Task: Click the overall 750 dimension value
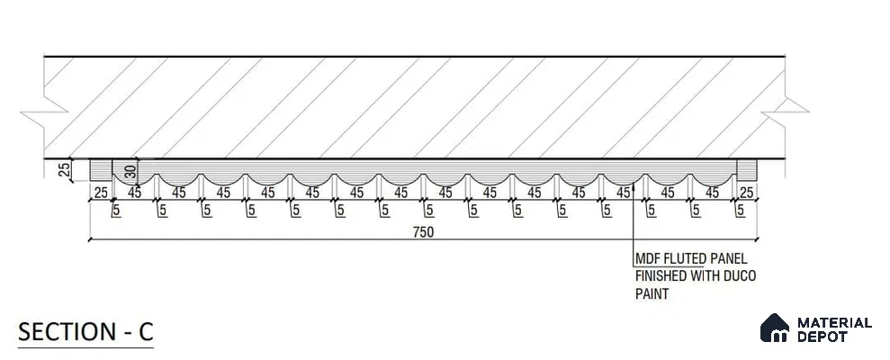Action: [x=424, y=231]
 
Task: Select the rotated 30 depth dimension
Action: [x=130, y=172]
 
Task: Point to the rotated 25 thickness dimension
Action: [x=64, y=170]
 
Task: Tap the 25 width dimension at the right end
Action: [x=746, y=193]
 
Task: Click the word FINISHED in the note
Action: [x=661, y=276]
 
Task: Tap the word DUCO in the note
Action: [x=740, y=276]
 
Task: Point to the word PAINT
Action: [x=652, y=294]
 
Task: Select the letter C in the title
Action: [x=146, y=332]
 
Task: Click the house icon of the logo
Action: [x=775, y=328]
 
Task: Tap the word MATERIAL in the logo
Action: [x=834, y=323]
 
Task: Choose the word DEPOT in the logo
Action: [x=823, y=337]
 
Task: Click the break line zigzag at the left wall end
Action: [x=44, y=112]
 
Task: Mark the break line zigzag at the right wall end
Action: [x=785, y=112]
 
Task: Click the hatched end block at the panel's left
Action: [x=101, y=170]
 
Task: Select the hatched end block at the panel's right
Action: [x=746, y=170]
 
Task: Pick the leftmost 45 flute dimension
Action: [x=134, y=193]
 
